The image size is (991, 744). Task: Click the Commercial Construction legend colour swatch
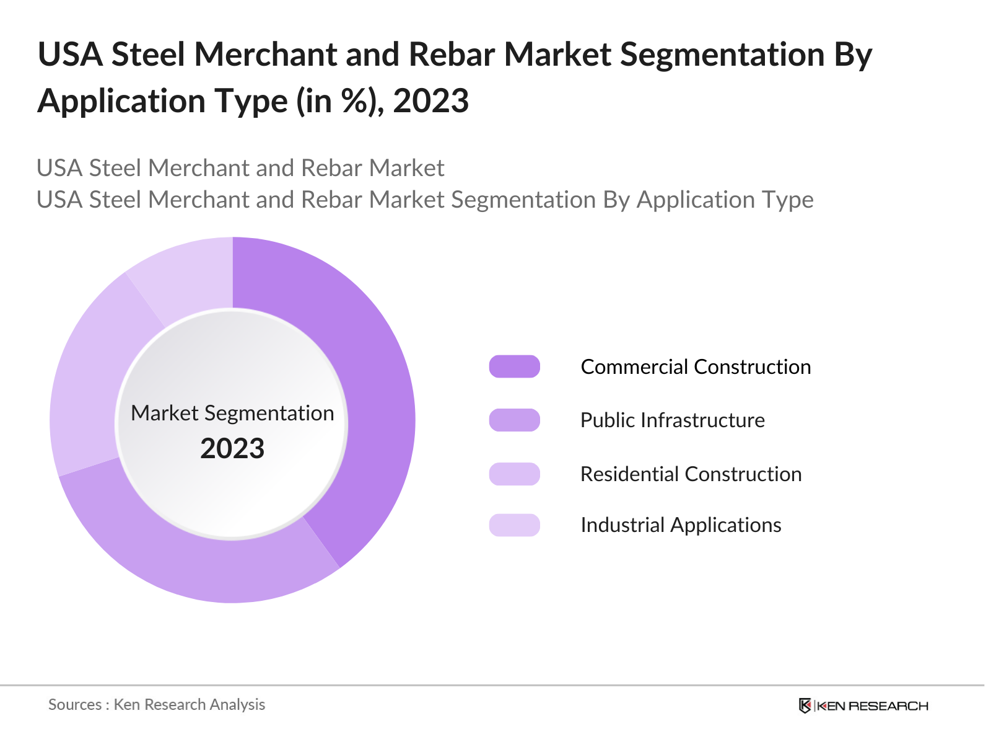(x=514, y=366)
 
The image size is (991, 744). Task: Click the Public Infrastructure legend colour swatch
(x=514, y=420)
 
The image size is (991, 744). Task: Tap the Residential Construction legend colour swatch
(x=514, y=474)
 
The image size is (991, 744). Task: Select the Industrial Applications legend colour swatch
(x=514, y=525)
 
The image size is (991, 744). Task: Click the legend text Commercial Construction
(x=695, y=366)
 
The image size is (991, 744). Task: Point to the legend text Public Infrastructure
(x=672, y=420)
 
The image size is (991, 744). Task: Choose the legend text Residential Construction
(x=691, y=474)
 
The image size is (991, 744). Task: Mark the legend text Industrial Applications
(x=680, y=525)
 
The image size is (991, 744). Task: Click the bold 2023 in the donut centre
(x=232, y=448)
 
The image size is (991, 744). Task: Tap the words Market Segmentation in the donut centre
(x=232, y=413)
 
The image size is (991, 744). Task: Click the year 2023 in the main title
(x=431, y=101)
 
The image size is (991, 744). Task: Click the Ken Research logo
(x=863, y=706)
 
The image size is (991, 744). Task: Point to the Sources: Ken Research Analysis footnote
(x=157, y=704)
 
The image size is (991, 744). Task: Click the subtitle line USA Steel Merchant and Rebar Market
(x=240, y=168)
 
